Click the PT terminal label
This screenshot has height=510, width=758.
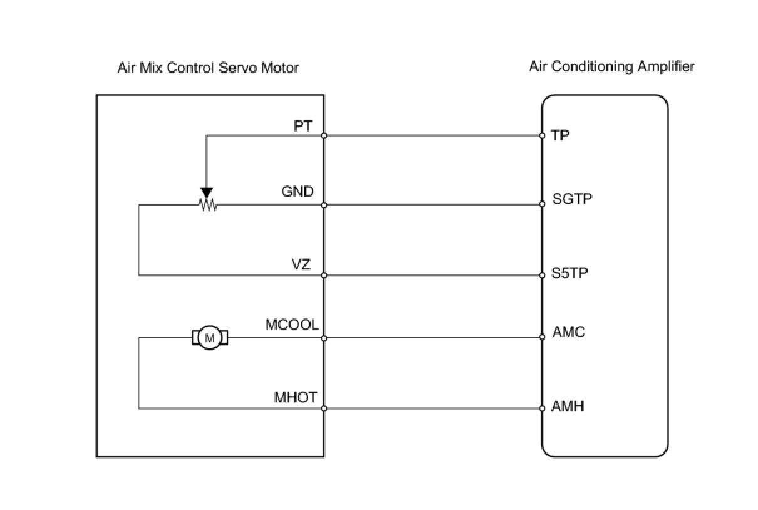click(x=303, y=126)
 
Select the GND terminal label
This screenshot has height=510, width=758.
click(x=298, y=192)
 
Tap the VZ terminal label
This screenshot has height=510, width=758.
click(x=301, y=264)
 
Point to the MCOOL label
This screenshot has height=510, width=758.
click(x=292, y=325)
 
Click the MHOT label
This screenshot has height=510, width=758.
click(x=296, y=397)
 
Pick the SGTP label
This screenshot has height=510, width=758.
click(x=572, y=199)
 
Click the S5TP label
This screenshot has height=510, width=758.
click(x=569, y=273)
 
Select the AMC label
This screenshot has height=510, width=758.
click(x=569, y=332)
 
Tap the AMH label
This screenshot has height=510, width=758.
click(x=568, y=406)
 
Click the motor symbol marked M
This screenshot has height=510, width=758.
click(x=210, y=338)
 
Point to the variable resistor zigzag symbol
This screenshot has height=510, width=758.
click(x=208, y=204)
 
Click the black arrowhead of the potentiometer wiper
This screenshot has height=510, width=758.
click(x=207, y=192)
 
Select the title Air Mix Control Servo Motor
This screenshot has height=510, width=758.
click(x=208, y=68)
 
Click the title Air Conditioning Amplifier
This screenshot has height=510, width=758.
click(x=612, y=66)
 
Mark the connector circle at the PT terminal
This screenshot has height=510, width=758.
click(x=324, y=136)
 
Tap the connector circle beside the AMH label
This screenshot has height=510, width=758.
click(x=542, y=408)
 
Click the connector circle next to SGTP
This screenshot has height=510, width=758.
click(x=542, y=204)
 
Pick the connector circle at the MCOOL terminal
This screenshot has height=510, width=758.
click(x=324, y=338)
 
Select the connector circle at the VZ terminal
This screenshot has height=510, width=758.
click(x=324, y=276)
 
